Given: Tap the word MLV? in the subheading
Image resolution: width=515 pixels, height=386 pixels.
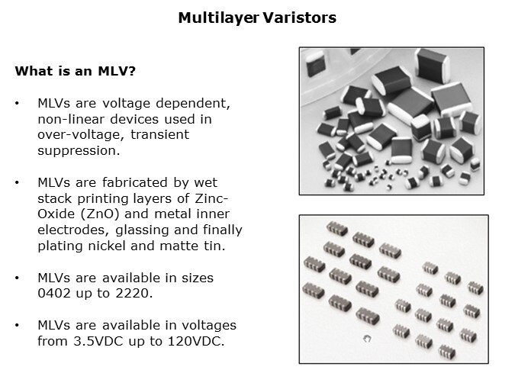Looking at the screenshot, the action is (117, 71).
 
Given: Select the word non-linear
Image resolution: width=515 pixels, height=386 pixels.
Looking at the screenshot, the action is (71, 119).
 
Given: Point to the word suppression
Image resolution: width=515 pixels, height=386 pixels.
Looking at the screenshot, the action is (79, 151).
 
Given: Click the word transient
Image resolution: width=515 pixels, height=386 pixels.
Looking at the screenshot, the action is (159, 135).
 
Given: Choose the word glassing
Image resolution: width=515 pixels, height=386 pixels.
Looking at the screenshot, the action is (142, 230).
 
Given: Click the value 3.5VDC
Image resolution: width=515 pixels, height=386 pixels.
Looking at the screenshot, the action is (98, 341).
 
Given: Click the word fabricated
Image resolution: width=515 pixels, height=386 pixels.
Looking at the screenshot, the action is (134, 182).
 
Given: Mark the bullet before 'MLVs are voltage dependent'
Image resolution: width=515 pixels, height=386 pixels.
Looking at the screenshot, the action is (17, 104).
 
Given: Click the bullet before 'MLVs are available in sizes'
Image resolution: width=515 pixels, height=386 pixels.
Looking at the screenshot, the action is (17, 278).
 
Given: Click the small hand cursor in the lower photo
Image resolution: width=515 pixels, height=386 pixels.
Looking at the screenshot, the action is (367, 339).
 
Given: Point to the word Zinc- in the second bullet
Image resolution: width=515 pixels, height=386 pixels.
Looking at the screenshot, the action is (211, 198).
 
